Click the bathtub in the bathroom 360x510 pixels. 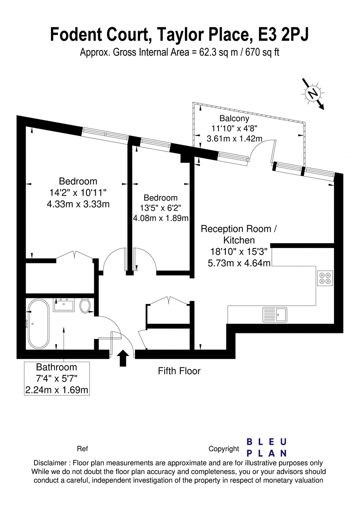coord(38,324)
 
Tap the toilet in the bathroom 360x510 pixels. coord(85,306)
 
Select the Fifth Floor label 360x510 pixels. coord(179,371)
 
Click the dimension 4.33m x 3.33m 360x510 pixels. coord(78,204)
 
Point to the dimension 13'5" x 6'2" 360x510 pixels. coord(160,208)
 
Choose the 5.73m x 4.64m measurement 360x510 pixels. coord(239,263)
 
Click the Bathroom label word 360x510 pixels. coord(57,367)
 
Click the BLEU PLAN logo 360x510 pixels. coord(267,447)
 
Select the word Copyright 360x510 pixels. coord(224,449)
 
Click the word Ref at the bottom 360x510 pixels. coord(82,449)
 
